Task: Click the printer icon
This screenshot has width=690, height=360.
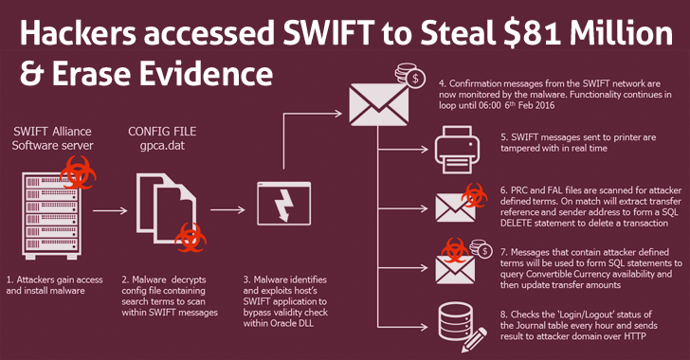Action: tap(457, 150)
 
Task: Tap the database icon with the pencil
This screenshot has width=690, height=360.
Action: tap(463, 327)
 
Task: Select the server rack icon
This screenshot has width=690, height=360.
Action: tap(51, 215)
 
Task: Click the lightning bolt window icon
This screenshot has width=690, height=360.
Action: tap(283, 204)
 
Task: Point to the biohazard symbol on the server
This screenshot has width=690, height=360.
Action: tap(78, 173)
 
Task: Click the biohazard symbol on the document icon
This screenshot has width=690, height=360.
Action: tap(191, 238)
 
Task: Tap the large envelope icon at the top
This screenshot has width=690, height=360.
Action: tap(378, 104)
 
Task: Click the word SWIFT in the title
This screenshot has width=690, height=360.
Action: tap(329, 33)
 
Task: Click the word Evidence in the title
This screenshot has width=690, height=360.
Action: tap(206, 73)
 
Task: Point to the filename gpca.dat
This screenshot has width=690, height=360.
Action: tap(162, 145)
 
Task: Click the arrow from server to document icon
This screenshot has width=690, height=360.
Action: tap(110, 211)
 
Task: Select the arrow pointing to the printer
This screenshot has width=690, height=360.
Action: tap(403, 150)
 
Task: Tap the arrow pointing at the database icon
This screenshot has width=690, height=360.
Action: tap(403, 327)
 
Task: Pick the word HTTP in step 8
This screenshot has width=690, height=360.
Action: tap(635, 336)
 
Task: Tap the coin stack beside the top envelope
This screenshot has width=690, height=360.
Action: tap(409, 75)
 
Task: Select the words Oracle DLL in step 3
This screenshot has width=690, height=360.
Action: tap(291, 323)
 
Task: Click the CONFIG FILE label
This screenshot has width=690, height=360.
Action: tap(162, 132)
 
